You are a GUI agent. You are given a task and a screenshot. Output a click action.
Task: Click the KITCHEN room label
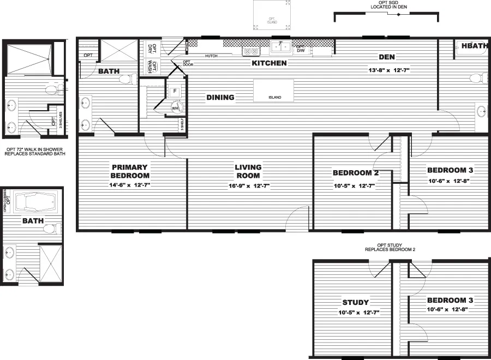[x=269, y=63]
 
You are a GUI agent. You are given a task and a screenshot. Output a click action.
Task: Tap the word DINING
[x=220, y=98]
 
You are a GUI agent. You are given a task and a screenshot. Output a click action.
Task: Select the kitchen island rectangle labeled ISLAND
[x=274, y=91]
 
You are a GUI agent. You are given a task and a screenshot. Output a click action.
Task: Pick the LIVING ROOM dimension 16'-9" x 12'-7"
[x=248, y=186]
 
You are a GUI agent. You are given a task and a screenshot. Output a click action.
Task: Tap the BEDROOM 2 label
[x=356, y=173]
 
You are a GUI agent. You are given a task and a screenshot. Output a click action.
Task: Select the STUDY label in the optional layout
[x=356, y=302]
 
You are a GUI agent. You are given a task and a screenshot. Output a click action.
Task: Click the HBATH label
[x=474, y=46]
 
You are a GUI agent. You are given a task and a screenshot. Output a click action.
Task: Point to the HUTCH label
[x=212, y=56]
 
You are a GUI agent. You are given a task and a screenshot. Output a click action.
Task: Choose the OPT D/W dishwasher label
[x=300, y=49]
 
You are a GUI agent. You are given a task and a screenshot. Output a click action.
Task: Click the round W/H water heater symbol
[x=176, y=108]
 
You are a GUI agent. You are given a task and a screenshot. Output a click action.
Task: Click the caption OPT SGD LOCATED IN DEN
[x=387, y=5]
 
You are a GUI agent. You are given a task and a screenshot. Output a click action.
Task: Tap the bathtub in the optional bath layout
[x=37, y=203]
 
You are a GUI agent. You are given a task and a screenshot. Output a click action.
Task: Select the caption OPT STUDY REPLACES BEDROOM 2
[x=390, y=247]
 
